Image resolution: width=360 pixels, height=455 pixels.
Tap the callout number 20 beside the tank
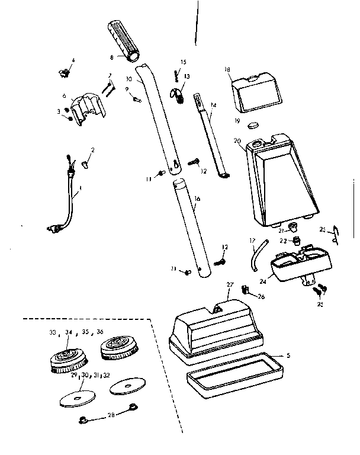point(237,141)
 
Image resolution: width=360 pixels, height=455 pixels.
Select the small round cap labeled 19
point(253,126)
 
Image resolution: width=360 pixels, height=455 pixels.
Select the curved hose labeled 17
point(256,255)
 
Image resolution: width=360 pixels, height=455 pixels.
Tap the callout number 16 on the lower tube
point(197,199)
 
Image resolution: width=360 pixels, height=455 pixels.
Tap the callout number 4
point(73,60)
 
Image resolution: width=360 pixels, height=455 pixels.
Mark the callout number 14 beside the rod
point(213,105)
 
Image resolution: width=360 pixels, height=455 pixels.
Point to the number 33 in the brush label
point(53,333)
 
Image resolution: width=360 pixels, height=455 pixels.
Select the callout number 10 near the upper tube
point(129,78)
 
